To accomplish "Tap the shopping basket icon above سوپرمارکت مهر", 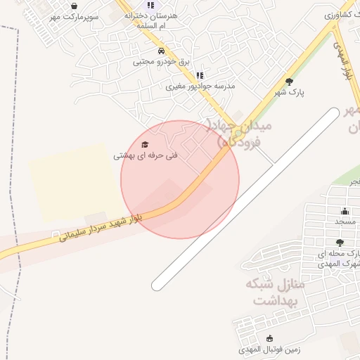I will pyautogui.click(x=74, y=6).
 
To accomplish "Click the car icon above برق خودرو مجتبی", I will pyautogui.click(x=162, y=51).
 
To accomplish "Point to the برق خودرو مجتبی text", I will pyautogui.click(x=162, y=62).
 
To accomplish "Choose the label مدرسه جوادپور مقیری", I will pyautogui.click(x=200, y=86).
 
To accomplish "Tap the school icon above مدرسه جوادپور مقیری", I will pyautogui.click(x=200, y=75).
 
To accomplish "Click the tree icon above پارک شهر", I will pyautogui.click(x=289, y=82).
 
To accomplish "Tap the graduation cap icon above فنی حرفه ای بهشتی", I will pyautogui.click(x=145, y=144).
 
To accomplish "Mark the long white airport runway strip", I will pyautogui.click(x=246, y=198).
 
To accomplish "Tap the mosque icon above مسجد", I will pyautogui.click(x=345, y=212).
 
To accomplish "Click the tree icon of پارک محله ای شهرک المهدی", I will pyautogui.click(x=340, y=243).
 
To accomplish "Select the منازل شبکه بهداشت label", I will pyautogui.click(x=274, y=292).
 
